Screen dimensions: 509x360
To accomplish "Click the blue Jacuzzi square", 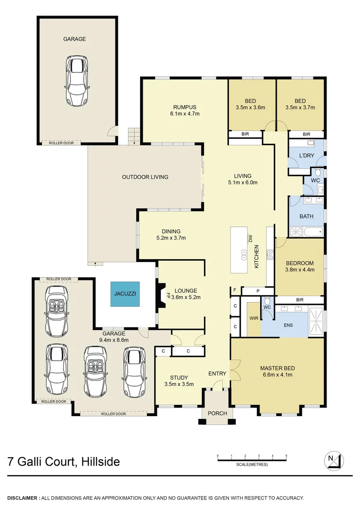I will tap(125, 294).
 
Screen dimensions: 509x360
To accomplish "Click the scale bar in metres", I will tap(252, 460).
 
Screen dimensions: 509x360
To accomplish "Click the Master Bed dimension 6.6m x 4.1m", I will tap(277, 375).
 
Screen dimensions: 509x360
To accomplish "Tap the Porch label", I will tap(218, 413).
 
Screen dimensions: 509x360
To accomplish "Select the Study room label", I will tap(179, 378).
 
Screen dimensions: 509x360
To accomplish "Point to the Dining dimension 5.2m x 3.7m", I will tap(171, 238).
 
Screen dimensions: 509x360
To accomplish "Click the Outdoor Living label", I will tap(145, 177).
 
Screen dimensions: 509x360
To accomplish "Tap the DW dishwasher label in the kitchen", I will tap(251, 239).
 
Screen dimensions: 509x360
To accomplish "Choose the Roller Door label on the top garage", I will tap(61, 143).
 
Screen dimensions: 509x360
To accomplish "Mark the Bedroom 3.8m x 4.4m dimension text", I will tap(300, 270).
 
